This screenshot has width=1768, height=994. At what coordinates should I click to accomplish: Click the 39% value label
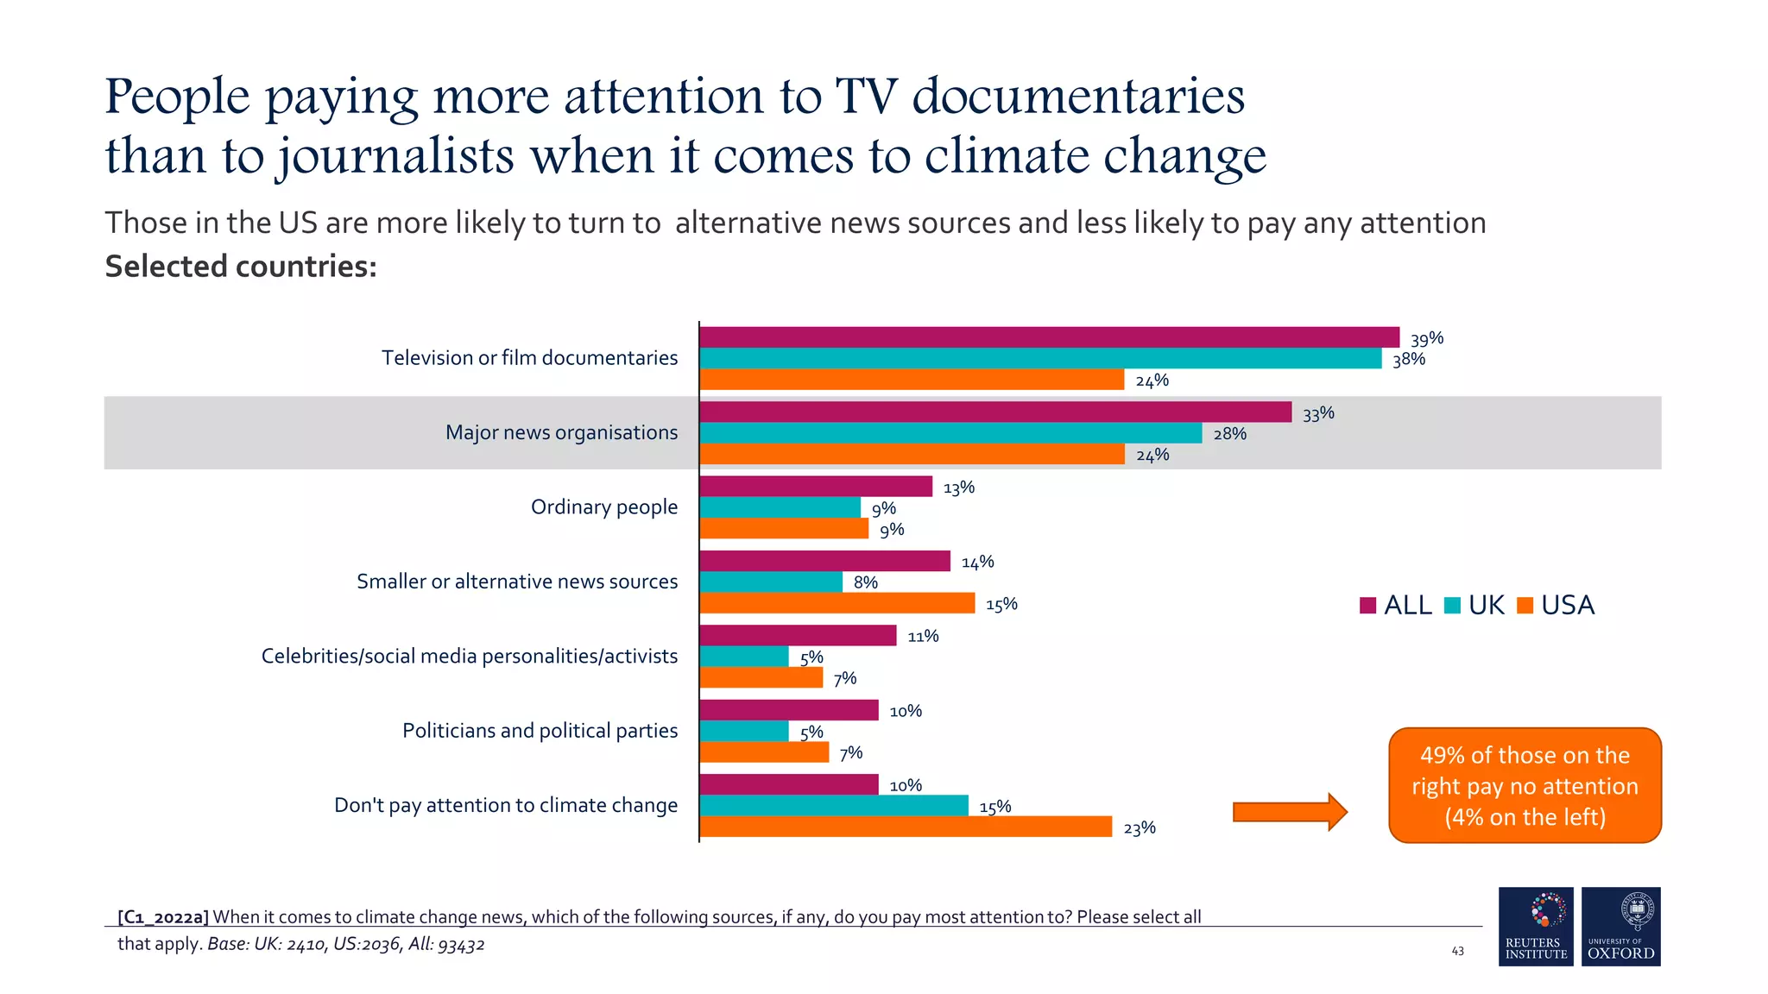pyautogui.click(x=1426, y=338)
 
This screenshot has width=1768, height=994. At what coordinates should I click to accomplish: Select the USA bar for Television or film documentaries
pyautogui.click(x=912, y=380)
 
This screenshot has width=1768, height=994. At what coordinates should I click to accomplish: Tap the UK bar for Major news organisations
pyautogui.click(x=950, y=433)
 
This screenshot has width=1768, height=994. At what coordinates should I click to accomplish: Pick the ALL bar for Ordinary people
pyautogui.click(x=816, y=487)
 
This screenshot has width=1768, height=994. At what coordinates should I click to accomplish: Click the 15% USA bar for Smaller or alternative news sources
pyautogui.click(x=837, y=603)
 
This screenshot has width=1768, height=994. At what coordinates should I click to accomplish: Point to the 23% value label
pyautogui.click(x=1139, y=828)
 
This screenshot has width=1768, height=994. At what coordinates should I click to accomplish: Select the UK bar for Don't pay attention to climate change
pyautogui.click(x=834, y=805)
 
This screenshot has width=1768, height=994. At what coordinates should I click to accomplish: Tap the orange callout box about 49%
pyautogui.click(x=1525, y=785)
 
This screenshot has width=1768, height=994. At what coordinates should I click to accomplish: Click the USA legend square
pyautogui.click(x=1525, y=606)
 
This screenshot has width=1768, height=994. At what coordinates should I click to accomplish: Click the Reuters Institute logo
pyautogui.click(x=1536, y=926)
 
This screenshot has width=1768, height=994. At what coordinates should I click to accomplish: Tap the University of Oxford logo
pyautogui.click(x=1620, y=926)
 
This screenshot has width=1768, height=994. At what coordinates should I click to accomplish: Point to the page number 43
pyautogui.click(x=1457, y=951)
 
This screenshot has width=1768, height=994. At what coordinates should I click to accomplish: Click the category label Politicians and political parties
pyautogui.click(x=540, y=731)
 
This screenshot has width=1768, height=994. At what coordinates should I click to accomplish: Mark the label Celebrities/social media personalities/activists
pyautogui.click(x=470, y=657)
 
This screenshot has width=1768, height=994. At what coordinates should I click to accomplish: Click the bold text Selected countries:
pyautogui.click(x=241, y=267)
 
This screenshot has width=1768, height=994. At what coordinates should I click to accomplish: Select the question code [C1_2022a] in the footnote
pyautogui.click(x=163, y=917)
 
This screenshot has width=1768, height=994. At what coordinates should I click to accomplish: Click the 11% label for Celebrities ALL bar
pyautogui.click(x=923, y=637)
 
